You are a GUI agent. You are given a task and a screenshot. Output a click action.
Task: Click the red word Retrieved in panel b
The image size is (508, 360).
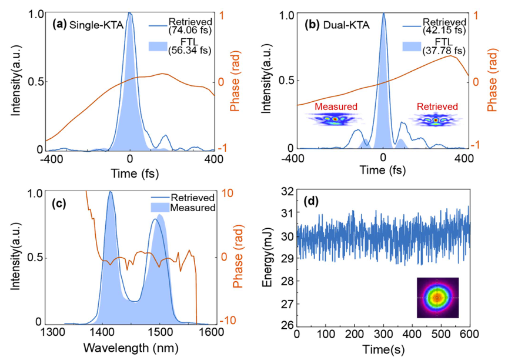(437, 106)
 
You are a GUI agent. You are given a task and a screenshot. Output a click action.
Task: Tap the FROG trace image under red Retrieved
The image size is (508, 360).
(436, 120)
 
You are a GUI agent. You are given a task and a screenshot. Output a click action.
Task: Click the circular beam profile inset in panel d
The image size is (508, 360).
(437, 298)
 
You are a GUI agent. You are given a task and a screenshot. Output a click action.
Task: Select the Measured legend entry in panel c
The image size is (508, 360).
(192, 208)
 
